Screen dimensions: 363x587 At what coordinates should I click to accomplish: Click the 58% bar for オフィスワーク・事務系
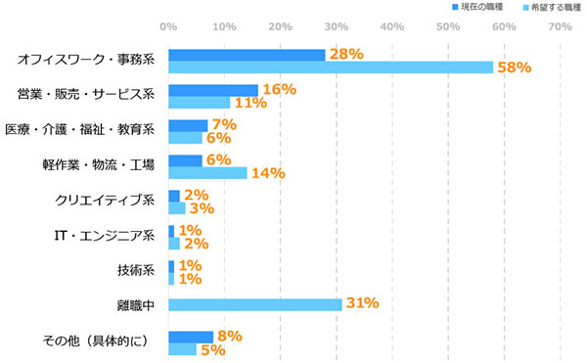click(331, 68)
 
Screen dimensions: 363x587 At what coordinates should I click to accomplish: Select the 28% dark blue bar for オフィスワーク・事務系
click(247, 55)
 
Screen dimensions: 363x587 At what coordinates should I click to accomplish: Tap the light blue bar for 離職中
click(254, 304)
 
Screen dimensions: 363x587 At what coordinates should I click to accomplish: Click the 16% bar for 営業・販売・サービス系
click(213, 90)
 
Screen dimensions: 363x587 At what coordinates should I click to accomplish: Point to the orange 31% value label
click(362, 303)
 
